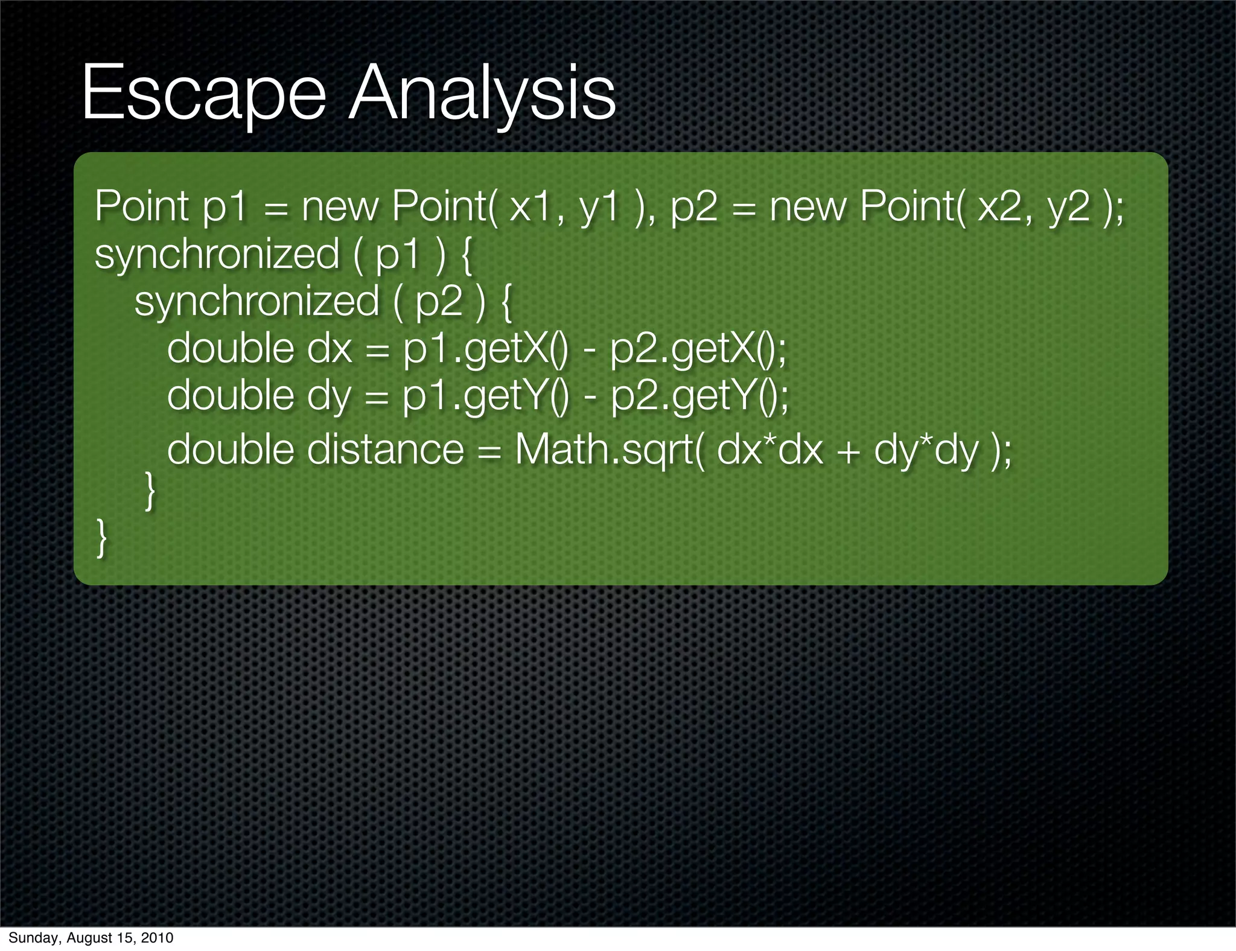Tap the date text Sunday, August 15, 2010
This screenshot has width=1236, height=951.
(x=91, y=937)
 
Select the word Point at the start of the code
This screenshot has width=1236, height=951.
(x=142, y=206)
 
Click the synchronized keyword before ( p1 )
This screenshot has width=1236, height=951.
(x=217, y=254)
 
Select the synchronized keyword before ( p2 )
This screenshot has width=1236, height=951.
(x=256, y=301)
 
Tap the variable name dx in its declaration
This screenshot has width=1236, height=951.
(x=330, y=349)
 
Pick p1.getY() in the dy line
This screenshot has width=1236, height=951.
(x=486, y=396)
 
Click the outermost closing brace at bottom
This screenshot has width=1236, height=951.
(x=102, y=538)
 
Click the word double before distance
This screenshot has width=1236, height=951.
(x=230, y=450)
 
